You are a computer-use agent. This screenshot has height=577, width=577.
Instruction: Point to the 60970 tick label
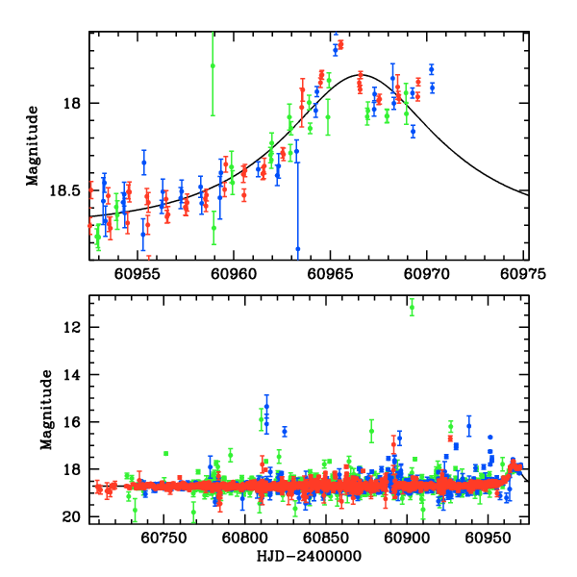429,273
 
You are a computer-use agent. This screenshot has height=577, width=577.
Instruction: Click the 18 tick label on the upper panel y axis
73,103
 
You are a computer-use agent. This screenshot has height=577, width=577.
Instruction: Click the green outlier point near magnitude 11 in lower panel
412,308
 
